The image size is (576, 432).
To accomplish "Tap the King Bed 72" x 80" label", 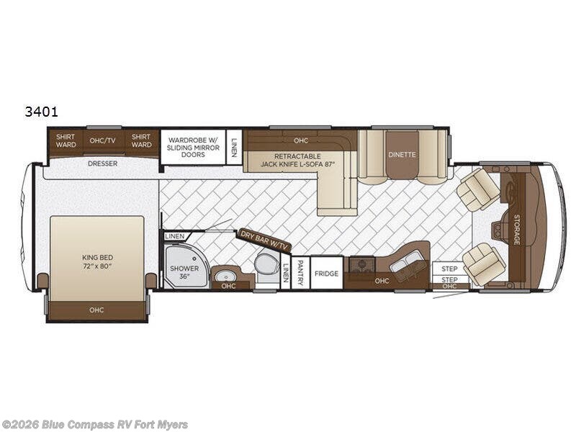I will pyautogui.click(x=97, y=261).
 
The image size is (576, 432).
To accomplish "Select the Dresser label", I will pyautogui.click(x=102, y=163).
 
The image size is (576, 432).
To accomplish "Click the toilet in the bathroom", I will pyautogui.click(x=266, y=264).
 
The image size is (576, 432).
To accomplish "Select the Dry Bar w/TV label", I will pyautogui.click(x=264, y=240).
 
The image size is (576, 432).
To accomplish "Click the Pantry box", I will pyautogui.click(x=302, y=273).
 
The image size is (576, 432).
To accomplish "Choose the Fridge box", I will pyautogui.click(x=326, y=274).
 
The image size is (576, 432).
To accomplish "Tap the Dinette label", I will pyautogui.click(x=402, y=153).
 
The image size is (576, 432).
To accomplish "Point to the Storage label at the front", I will pyautogui.click(x=516, y=229).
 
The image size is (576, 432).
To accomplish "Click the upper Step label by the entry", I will pyautogui.click(x=449, y=269).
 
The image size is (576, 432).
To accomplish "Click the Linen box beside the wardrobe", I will pyautogui.click(x=234, y=146).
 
